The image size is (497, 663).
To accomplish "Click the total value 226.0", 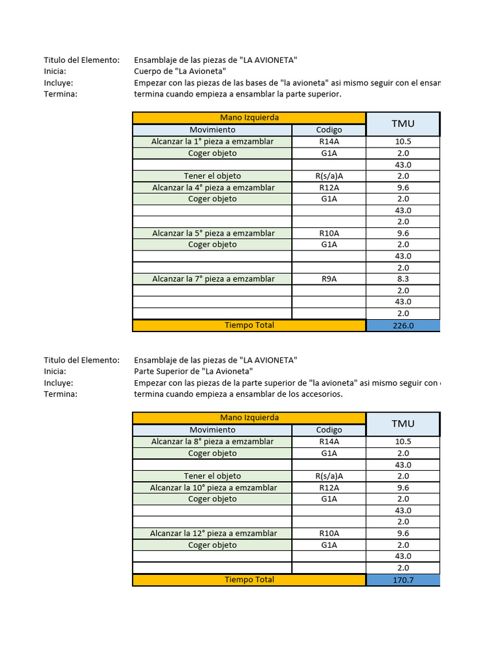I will (x=403, y=326).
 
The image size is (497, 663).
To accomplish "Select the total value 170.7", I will (x=403, y=580).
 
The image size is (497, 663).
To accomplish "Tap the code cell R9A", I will (x=329, y=279).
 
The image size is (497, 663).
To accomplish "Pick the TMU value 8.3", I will (x=403, y=279).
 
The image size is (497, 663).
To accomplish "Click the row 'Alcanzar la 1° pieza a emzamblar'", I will (x=212, y=142).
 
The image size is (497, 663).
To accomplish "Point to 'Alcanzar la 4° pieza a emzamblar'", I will (x=212, y=188).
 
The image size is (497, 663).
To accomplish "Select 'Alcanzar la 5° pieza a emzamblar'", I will (x=212, y=233).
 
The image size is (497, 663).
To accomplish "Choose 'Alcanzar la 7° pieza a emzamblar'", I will (x=212, y=279).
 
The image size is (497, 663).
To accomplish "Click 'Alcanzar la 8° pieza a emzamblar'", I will (x=212, y=442).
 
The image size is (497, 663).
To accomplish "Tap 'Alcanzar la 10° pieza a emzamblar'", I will (x=213, y=488).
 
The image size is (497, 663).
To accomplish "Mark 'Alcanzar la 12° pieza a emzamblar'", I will (x=213, y=534).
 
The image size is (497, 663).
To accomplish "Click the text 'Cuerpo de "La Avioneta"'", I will (x=179, y=71).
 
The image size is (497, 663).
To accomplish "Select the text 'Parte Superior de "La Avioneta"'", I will (x=193, y=372).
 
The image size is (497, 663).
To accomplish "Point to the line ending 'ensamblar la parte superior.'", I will (x=237, y=95).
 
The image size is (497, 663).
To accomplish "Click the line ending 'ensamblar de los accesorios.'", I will (x=237, y=394).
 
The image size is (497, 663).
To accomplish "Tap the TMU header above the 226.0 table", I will (x=403, y=124).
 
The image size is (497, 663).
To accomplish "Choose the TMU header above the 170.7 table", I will (x=403, y=423).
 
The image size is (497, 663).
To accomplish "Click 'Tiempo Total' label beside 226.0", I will (x=249, y=325).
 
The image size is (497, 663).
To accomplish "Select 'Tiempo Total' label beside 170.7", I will (x=249, y=579).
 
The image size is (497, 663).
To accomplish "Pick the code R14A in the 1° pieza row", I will (x=329, y=142).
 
